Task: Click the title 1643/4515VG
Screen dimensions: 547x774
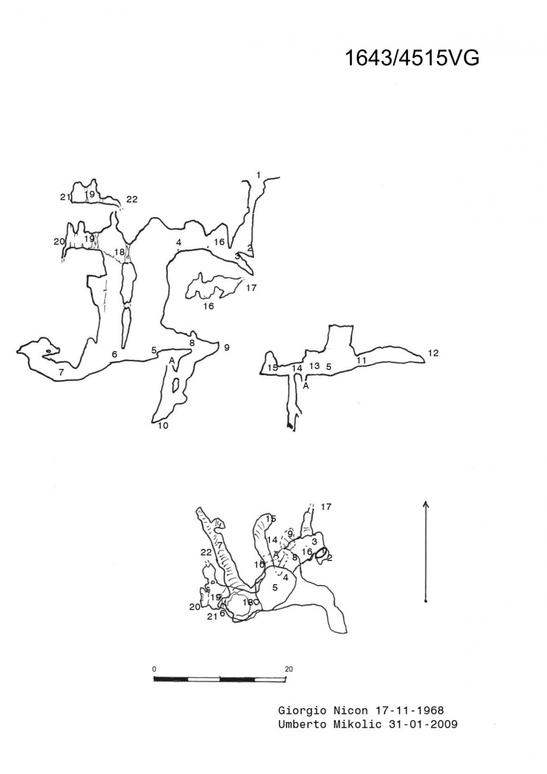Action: click(x=412, y=57)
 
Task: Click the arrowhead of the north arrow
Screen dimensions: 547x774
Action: click(x=425, y=504)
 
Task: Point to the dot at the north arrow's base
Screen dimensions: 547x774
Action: click(x=425, y=601)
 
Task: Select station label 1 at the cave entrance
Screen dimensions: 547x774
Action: click(x=258, y=175)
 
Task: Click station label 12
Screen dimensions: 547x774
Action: click(x=433, y=353)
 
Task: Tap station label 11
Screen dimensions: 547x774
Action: click(x=361, y=360)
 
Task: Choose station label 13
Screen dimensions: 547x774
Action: click(x=314, y=366)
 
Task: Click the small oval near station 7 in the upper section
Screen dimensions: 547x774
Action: click(x=48, y=351)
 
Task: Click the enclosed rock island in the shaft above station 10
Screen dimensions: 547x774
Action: click(x=175, y=385)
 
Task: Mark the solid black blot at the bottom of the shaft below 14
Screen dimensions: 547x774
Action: click(x=290, y=426)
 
